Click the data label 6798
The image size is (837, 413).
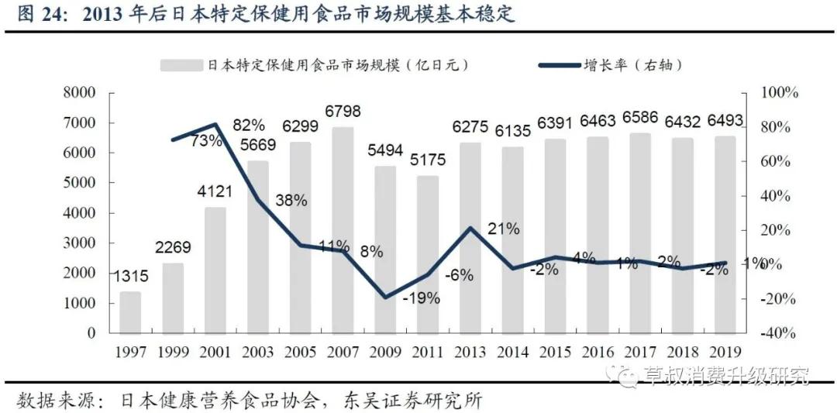point(343,112)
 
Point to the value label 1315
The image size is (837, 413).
point(131,277)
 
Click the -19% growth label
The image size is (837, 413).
point(422,298)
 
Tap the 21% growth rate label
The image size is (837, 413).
point(504,229)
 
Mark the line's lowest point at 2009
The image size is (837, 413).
point(385,297)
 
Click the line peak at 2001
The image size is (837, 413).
point(215,124)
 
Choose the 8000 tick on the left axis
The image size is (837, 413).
point(78,93)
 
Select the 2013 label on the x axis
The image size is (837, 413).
point(470,352)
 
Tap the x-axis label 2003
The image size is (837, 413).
point(257,352)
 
